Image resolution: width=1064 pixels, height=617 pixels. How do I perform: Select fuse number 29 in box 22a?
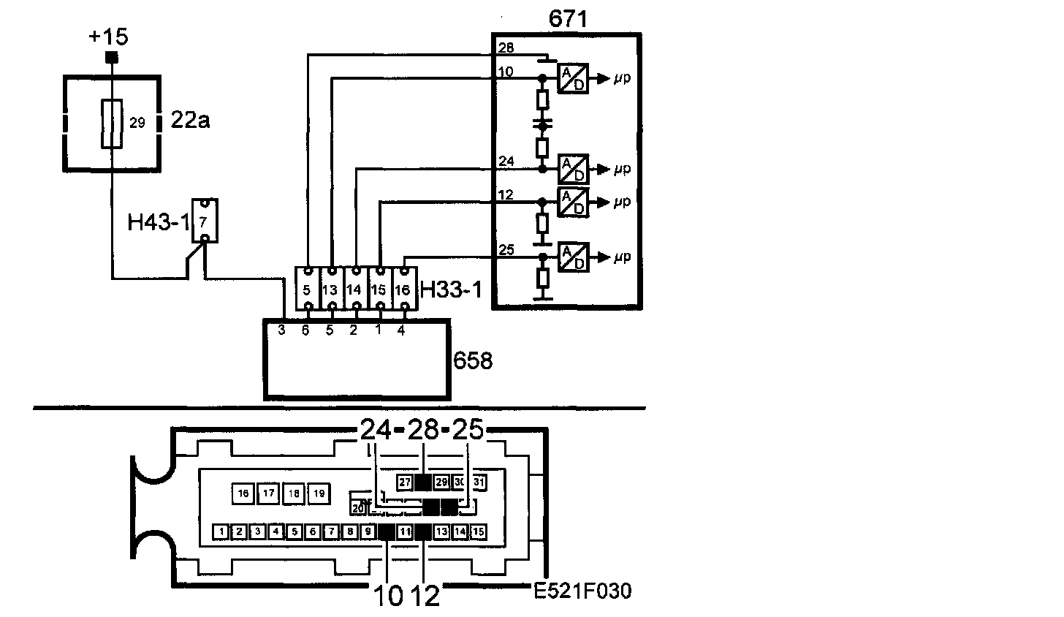(x=112, y=123)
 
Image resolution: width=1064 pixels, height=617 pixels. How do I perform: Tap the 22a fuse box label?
(x=189, y=120)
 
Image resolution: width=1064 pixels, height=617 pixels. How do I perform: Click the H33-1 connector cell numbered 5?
(x=308, y=288)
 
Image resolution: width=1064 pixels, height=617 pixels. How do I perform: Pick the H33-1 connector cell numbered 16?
(x=403, y=288)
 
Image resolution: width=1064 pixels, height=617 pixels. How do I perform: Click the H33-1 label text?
(x=451, y=290)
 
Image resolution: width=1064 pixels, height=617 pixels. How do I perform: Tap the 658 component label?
(x=473, y=360)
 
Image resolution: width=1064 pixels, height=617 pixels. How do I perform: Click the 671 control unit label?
(x=568, y=20)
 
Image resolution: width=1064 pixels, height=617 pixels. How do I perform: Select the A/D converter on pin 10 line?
(x=572, y=78)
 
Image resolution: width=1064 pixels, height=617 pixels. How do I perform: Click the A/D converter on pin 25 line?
(x=572, y=257)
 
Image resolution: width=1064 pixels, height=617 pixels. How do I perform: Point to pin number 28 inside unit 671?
(x=506, y=48)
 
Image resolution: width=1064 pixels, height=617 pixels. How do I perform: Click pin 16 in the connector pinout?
(x=243, y=493)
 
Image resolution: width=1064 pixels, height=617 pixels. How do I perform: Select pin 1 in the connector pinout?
(x=220, y=531)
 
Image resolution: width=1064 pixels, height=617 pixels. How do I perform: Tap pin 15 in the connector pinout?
(x=479, y=531)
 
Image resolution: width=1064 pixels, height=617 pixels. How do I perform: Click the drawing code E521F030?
(x=582, y=590)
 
